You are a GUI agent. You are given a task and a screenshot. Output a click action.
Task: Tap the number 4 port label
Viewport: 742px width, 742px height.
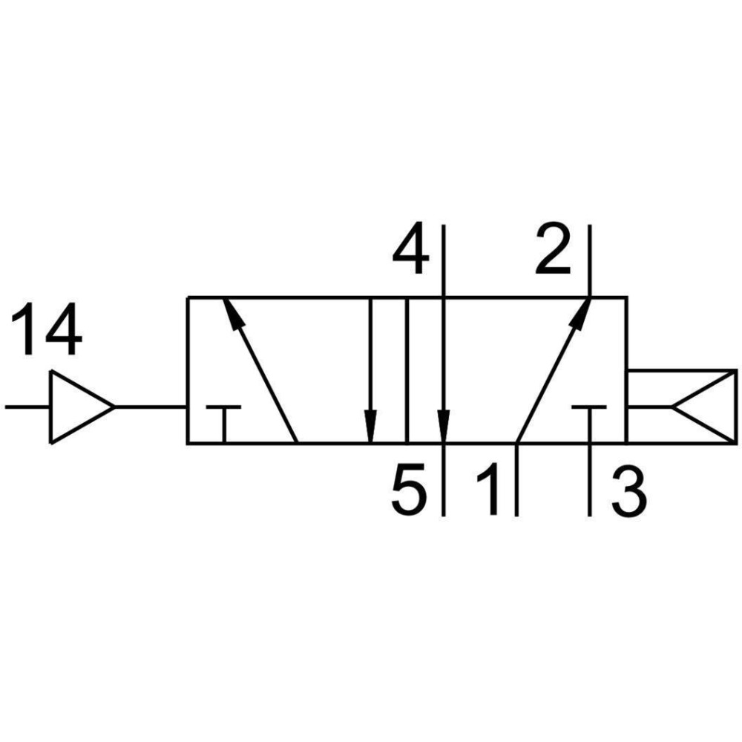[411, 249]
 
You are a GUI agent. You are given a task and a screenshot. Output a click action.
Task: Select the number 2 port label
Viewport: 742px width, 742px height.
[552, 249]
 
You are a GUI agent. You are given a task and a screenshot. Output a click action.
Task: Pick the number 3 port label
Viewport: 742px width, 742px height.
[628, 492]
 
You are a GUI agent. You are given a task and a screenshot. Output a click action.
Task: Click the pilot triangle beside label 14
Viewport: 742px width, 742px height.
[82, 407]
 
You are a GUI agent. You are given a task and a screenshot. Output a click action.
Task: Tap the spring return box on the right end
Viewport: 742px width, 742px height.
[682, 407]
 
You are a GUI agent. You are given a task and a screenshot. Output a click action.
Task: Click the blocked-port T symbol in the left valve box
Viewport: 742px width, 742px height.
[224, 424]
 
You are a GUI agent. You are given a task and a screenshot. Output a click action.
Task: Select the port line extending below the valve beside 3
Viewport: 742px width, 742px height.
[590, 480]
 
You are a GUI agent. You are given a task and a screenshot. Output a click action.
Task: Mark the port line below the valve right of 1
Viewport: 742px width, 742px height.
[516, 480]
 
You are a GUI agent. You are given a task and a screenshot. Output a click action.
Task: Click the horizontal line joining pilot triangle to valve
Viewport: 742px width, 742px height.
[151, 407]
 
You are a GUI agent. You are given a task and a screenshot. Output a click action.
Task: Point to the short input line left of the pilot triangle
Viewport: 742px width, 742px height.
[27, 407]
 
